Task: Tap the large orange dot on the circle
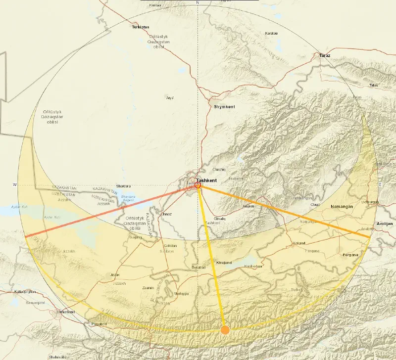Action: [x=225, y=329]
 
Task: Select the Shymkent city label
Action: [x=224, y=107]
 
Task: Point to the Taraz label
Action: [x=325, y=55]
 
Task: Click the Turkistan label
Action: [x=140, y=27]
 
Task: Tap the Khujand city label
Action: [x=224, y=262]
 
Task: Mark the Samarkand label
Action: [x=66, y=312]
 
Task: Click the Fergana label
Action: [x=350, y=255]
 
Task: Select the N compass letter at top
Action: [x=198, y=3]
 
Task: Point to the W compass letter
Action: [x=14, y=185]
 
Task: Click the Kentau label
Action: [x=155, y=5]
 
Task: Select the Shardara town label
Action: [x=123, y=186]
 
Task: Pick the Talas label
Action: [x=373, y=85]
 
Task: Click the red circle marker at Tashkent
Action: [x=198, y=185]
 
